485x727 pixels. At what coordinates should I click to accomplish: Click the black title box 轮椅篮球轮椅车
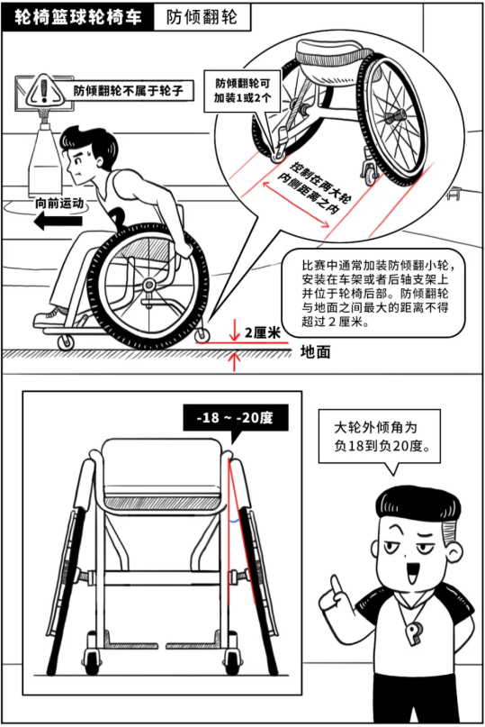pos(77,17)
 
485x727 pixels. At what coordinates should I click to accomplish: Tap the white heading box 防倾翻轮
pos(202,18)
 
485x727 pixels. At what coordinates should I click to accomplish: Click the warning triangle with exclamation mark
pos(44,90)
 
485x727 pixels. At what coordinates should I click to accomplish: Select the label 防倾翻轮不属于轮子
pos(129,90)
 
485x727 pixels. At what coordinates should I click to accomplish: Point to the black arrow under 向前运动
pos(58,220)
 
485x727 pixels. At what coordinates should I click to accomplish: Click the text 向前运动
pos(59,203)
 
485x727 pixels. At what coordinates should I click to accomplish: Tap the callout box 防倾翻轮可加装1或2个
pos(242,91)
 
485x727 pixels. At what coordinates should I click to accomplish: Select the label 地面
pos(316,352)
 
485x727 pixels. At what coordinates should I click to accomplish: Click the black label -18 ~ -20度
pos(236,418)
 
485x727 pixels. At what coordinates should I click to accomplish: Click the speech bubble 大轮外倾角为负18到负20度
pos(380,437)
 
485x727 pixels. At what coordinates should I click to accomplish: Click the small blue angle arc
pos(234,521)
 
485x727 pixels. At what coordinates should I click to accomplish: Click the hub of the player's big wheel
pos(148,284)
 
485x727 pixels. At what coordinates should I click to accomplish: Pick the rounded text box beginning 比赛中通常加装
pos(374,294)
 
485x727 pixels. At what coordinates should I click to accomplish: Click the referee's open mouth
pos(412,573)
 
